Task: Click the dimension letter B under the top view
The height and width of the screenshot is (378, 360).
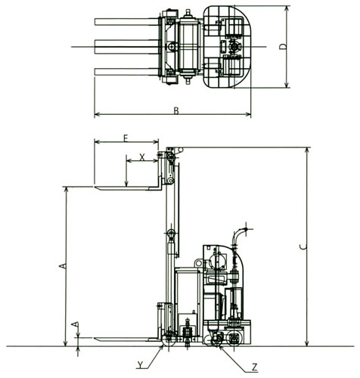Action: click(x=176, y=111)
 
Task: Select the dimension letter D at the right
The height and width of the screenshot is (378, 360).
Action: click(x=284, y=47)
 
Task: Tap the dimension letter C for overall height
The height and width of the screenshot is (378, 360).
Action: click(x=304, y=247)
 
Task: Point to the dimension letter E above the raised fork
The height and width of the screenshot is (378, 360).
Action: click(x=126, y=138)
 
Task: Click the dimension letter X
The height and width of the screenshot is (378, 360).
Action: click(x=142, y=157)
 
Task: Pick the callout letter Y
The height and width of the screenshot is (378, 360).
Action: click(x=140, y=364)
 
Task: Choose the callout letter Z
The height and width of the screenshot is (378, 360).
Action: click(x=255, y=367)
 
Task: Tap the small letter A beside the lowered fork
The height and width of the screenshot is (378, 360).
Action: click(x=75, y=324)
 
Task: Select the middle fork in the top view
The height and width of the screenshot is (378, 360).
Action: click(x=127, y=47)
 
